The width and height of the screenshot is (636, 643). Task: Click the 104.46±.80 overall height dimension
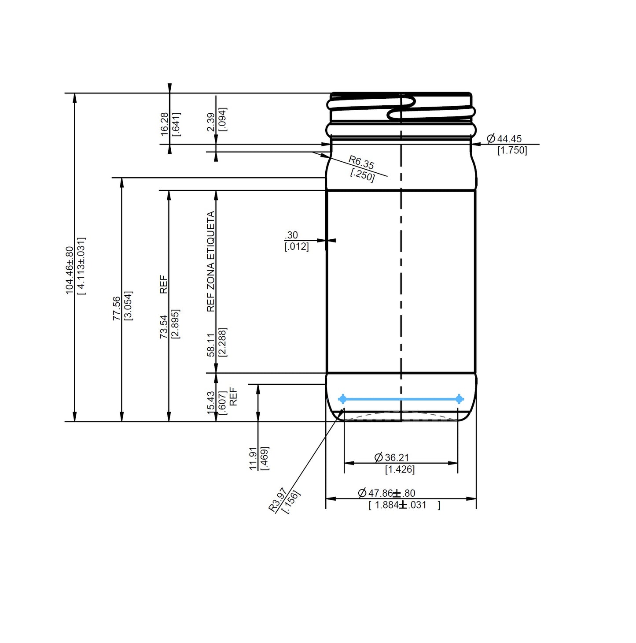click(70, 270)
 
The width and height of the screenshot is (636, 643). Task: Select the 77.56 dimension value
click(117, 308)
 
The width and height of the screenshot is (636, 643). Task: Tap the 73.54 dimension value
click(164, 327)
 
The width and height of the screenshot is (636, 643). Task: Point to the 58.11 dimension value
click(211, 345)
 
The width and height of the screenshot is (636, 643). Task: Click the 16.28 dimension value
click(164, 123)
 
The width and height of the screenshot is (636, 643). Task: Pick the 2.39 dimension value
click(211, 122)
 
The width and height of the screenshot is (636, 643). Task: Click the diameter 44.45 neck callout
click(504, 139)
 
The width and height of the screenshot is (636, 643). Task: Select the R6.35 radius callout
click(361, 162)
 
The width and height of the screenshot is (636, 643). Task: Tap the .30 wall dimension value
click(291, 235)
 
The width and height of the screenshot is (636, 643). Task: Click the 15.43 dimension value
click(211, 403)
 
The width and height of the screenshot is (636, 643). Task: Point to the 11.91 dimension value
click(253, 458)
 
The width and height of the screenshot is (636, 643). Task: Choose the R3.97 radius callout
click(279, 499)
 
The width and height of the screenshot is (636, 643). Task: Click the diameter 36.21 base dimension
click(392, 457)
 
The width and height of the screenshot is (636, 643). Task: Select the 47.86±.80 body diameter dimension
click(387, 493)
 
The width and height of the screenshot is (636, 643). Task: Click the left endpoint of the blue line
click(342, 399)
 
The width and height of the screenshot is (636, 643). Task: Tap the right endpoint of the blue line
click(459, 399)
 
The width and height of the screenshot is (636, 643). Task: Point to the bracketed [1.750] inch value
click(512, 150)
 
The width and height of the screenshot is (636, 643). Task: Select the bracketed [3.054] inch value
click(129, 305)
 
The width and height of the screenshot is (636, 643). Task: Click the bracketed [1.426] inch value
click(400, 469)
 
